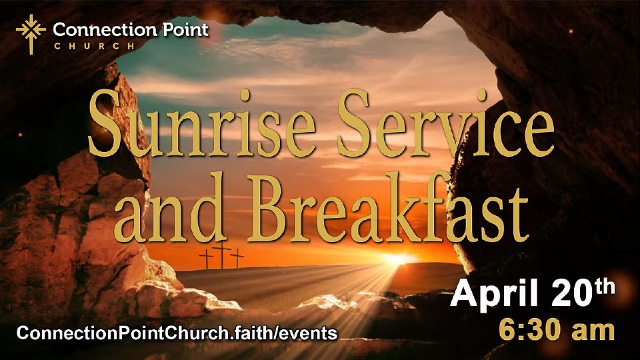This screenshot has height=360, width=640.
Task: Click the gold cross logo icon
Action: (31, 33)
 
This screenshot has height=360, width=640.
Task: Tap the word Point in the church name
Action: (185, 29)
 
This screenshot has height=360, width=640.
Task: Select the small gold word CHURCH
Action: (94, 46)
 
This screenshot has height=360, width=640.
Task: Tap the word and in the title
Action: (170, 207)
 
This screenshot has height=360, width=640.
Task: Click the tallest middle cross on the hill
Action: (221, 255)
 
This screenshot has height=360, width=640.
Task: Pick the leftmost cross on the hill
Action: (207, 259)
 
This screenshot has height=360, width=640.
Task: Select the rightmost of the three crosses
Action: (237, 258)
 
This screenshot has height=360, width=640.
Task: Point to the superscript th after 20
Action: (605, 287)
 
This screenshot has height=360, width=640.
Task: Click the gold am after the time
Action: (593, 331)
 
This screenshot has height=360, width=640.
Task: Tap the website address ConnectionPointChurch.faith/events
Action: (177, 333)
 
